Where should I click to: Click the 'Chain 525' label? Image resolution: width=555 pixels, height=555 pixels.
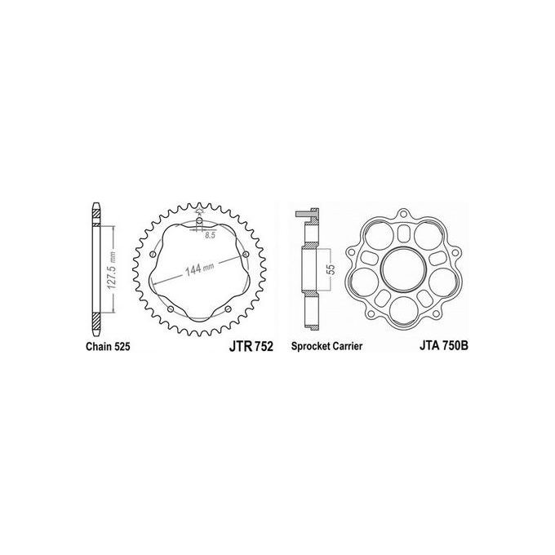point(105,346)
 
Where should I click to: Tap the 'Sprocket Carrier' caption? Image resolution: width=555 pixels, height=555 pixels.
point(327,346)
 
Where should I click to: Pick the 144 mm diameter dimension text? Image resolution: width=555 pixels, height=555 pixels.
point(198,269)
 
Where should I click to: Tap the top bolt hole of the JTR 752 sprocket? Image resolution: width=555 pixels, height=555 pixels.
point(200,221)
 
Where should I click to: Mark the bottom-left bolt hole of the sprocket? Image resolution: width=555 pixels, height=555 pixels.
point(169,311)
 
